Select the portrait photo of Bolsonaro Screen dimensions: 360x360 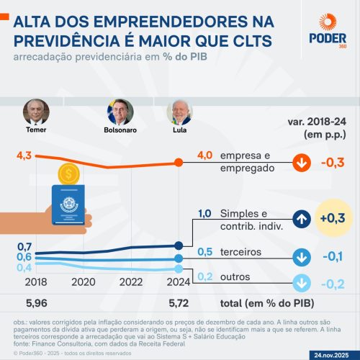pyautogui.click(x=120, y=112)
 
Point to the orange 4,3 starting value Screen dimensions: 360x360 pyautogui.click(x=24, y=155)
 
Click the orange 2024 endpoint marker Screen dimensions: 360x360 pyautogui.click(x=179, y=162)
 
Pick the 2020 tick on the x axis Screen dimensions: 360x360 pyautogui.click(x=83, y=282)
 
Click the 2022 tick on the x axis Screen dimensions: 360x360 pyautogui.click(x=130, y=282)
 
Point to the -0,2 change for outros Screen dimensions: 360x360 pyautogui.click(x=331, y=283)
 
